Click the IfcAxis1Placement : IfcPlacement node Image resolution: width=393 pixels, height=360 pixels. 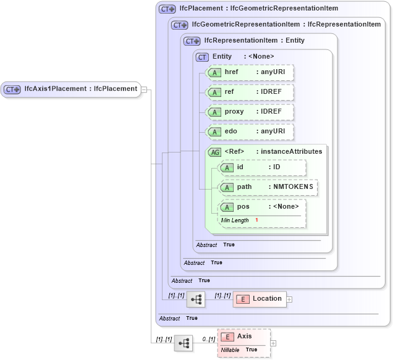click(70, 89)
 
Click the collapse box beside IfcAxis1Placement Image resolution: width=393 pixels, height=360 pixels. click(144, 89)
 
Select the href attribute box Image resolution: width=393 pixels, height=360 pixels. click(250, 72)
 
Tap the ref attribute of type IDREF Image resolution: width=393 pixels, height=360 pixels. click(250, 92)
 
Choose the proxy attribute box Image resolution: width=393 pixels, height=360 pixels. click(250, 112)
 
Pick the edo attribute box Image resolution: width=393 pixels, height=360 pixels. click(250, 132)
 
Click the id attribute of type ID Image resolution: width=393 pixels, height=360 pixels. click(263, 167)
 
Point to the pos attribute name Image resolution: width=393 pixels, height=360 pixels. click(243, 207)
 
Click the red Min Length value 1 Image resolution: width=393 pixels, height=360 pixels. click(256, 220)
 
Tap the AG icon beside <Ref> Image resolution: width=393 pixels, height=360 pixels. click(215, 152)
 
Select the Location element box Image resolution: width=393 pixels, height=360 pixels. click(259, 299)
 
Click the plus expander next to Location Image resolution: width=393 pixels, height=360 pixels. click(289, 299)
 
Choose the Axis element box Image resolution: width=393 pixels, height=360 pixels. click(244, 337)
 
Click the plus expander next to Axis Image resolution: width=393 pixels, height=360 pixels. click(274, 343)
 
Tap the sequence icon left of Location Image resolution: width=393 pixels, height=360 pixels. click(196, 299)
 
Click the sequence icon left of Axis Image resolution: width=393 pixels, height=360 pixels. click(184, 343)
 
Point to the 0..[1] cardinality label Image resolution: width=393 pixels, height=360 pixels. click(209, 339)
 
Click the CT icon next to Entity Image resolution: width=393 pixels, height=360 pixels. click(202, 57)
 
